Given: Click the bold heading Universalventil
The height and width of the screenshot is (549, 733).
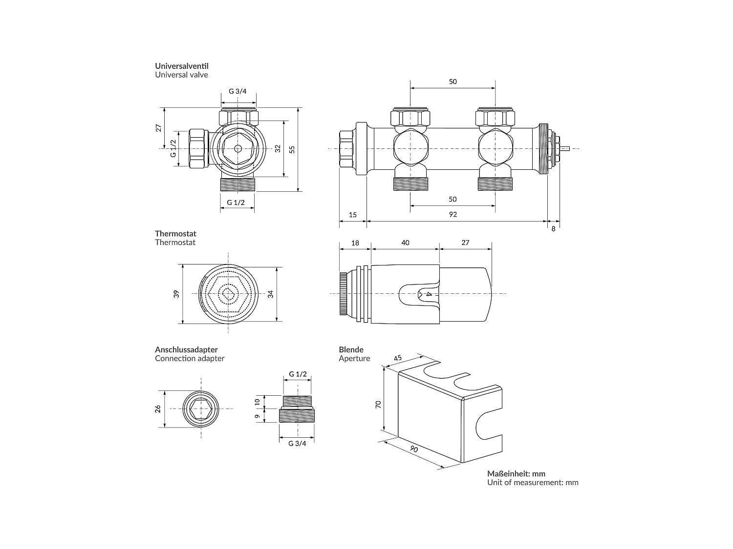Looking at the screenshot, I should [182, 66].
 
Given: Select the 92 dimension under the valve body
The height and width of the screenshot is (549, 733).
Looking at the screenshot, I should [453, 214].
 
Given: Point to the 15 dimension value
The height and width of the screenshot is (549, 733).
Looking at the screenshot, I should [353, 214].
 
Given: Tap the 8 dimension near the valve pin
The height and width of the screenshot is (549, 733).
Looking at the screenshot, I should [553, 229].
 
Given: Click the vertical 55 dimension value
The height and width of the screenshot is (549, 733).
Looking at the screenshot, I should [292, 149].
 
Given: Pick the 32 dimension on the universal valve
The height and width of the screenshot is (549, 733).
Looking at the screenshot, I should [278, 148].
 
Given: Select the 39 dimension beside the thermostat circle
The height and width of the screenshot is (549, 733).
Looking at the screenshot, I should [176, 294].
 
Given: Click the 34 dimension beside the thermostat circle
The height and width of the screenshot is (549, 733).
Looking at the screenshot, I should [271, 294].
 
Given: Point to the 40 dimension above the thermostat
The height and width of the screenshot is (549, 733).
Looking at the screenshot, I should [405, 243].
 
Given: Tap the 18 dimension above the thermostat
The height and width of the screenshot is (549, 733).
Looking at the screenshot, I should [355, 243].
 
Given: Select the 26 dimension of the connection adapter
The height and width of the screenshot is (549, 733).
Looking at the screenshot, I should [158, 409].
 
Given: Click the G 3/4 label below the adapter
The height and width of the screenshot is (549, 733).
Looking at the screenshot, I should [297, 444].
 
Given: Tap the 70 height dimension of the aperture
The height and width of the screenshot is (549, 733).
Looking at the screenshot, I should [378, 405].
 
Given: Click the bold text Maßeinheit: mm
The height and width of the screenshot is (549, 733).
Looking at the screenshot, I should [516, 473].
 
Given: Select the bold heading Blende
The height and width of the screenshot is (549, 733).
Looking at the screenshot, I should [351, 349].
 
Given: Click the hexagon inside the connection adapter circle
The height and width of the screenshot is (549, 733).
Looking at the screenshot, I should [201, 409].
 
